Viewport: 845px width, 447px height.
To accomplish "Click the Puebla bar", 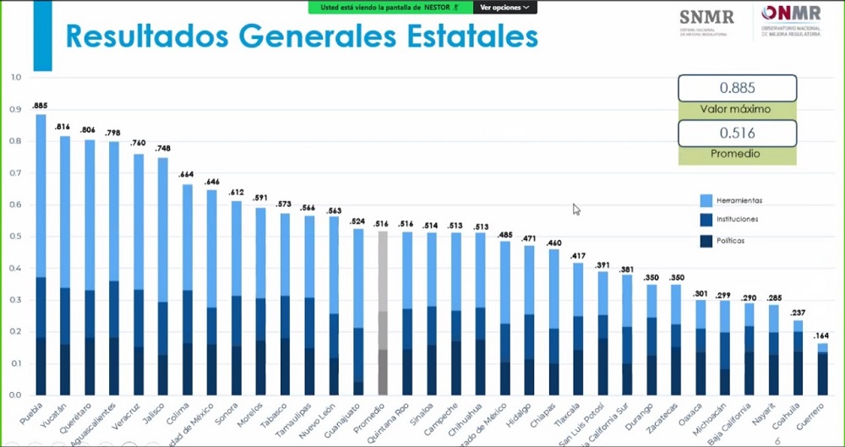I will (x=41, y=253).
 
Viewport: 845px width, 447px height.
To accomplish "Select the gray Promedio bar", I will (x=383, y=313).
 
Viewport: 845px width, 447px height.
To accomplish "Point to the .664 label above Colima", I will (x=187, y=175).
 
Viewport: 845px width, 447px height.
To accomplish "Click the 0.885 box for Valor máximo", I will (x=736, y=88).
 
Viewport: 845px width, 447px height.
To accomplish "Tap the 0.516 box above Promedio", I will (x=736, y=133).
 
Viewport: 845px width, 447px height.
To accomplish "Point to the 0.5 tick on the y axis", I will (x=15, y=237).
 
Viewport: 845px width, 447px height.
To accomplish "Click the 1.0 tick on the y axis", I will (x=15, y=78).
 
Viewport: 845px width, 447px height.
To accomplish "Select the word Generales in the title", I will (x=338, y=38).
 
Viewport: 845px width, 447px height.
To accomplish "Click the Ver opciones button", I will (x=504, y=7).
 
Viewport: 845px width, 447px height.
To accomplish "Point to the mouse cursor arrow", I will (x=577, y=209).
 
